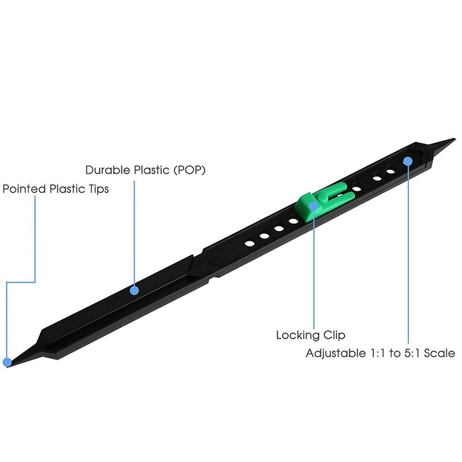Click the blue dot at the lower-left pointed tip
(x=7, y=363)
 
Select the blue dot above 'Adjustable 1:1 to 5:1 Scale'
(x=408, y=161)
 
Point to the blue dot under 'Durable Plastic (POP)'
(x=134, y=290)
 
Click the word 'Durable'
(x=106, y=170)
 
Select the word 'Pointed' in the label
(x=23, y=189)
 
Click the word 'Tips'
(x=96, y=189)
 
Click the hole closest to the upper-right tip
(x=392, y=172)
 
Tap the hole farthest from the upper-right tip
(x=249, y=243)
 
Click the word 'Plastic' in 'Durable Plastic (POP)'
(x=153, y=170)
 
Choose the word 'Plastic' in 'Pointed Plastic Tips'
(x=66, y=189)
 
